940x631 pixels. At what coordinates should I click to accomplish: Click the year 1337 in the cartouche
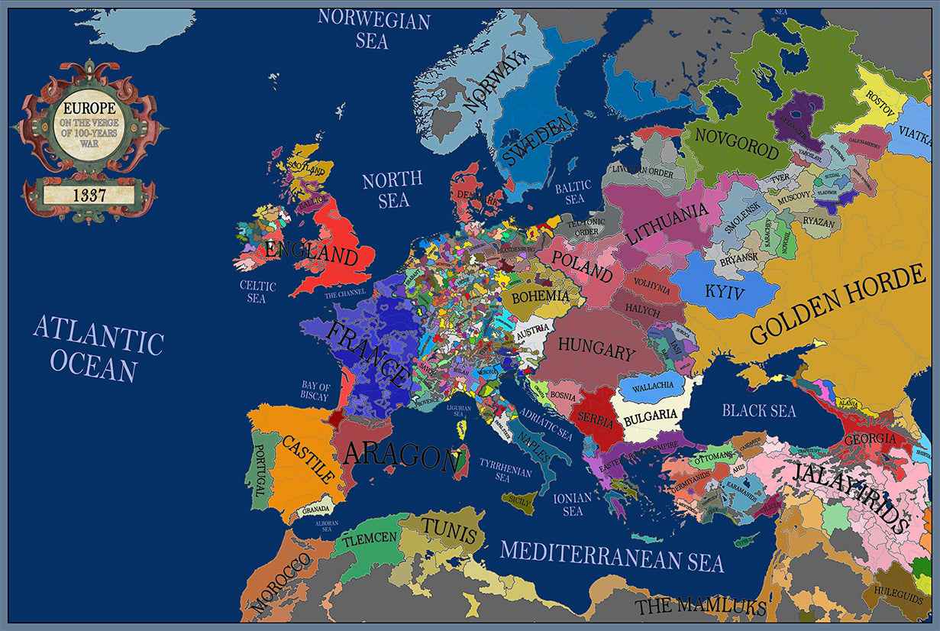[89, 196]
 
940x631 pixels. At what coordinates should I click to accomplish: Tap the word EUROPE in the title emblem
[89, 109]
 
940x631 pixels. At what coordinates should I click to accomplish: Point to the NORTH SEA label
[392, 189]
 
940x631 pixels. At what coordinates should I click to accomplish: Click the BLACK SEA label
[759, 410]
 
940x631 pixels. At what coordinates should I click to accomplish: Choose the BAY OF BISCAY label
[315, 392]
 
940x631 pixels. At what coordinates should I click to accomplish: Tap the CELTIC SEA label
[257, 292]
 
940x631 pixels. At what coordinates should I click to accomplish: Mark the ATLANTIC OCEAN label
[98, 348]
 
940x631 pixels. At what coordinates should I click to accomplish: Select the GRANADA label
[316, 509]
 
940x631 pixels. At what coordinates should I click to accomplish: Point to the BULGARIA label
[651, 416]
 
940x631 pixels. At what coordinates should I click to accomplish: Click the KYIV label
[724, 291]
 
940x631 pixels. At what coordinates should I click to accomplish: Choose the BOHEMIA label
[541, 296]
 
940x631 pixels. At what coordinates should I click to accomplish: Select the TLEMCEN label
[370, 539]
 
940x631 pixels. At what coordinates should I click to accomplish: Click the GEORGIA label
[870, 439]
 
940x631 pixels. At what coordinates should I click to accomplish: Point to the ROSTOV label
[883, 98]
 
